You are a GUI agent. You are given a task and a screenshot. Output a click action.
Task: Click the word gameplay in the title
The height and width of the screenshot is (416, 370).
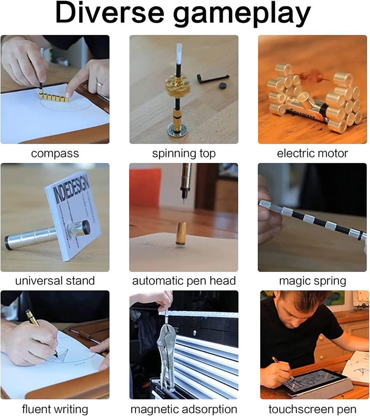tap(242, 15)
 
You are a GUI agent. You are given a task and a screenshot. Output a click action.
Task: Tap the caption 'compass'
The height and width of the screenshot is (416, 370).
tap(55, 153)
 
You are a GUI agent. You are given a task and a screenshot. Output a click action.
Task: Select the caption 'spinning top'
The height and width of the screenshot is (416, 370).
tap(184, 153)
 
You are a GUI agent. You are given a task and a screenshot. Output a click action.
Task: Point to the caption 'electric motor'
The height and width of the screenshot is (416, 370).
tap(312, 153)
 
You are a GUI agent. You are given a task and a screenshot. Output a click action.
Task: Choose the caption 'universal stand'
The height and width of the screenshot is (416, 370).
tap(55, 281)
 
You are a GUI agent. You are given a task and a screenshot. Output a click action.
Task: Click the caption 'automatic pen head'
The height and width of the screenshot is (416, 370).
tap(184, 281)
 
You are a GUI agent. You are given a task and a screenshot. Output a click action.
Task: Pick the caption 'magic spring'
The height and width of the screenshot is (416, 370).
tap(313, 281)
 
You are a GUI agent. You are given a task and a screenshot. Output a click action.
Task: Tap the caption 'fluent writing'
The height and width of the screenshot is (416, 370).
tap(55, 409)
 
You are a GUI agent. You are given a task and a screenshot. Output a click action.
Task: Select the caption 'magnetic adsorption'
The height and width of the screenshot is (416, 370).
tap(184, 409)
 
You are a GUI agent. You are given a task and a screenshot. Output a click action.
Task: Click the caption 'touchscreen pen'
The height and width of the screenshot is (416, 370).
tap(312, 409)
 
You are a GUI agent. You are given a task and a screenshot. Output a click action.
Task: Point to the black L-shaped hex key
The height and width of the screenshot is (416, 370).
tap(212, 77)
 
